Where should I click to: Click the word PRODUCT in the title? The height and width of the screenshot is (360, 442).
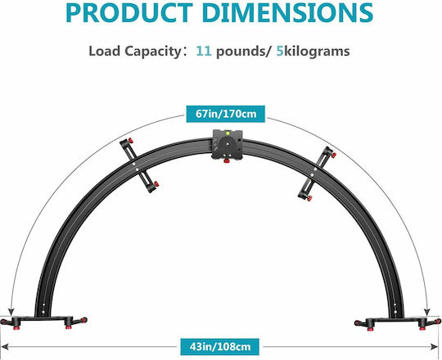(129, 12)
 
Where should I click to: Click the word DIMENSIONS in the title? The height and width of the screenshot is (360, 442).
(287, 12)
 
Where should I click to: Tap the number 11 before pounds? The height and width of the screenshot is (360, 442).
(204, 51)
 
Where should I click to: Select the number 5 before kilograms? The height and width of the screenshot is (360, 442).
(280, 51)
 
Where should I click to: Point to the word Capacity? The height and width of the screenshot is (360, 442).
(152, 52)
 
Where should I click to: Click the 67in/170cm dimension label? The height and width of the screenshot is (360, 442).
(226, 114)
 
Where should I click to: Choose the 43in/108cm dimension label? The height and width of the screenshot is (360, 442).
(220, 346)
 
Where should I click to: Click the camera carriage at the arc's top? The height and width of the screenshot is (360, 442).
(228, 145)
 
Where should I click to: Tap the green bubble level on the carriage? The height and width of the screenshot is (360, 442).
(227, 132)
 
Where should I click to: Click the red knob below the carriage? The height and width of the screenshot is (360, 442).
(227, 161)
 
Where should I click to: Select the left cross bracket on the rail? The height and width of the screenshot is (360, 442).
(139, 165)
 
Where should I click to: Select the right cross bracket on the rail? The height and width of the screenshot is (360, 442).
(317, 173)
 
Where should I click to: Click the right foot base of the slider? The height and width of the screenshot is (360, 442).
(398, 322)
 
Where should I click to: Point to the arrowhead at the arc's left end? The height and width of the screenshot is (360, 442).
(11, 312)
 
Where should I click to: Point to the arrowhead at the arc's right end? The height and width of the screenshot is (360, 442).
(427, 312)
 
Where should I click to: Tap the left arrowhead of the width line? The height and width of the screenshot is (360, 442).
(5, 347)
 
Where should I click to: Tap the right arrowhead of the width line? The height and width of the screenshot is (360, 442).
(434, 347)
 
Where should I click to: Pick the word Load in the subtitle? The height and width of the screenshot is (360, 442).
(104, 51)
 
